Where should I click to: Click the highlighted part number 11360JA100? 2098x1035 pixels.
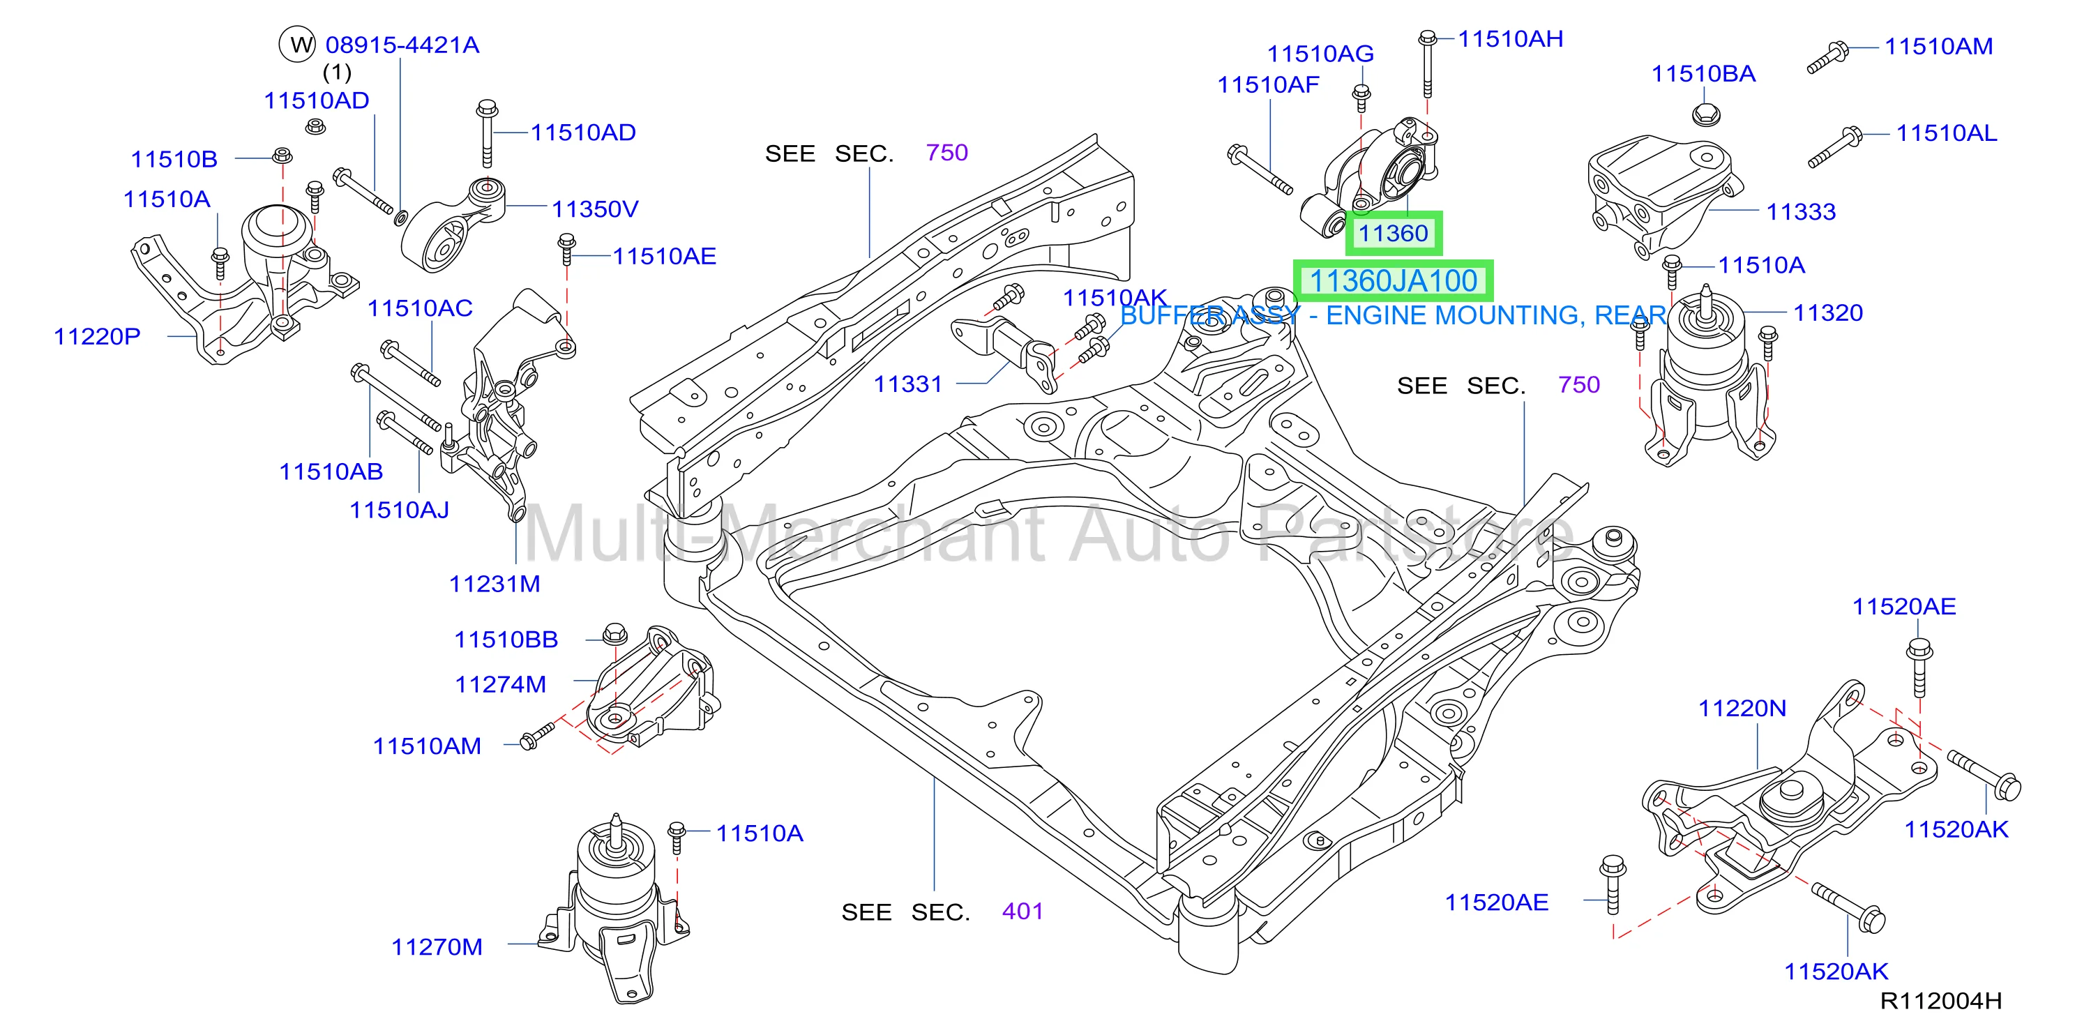tap(1393, 281)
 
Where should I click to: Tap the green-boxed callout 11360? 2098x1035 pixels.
tap(1393, 234)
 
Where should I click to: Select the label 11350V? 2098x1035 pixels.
tap(596, 209)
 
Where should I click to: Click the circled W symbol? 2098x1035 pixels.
tap(298, 44)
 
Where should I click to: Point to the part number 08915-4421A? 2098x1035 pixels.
tap(402, 45)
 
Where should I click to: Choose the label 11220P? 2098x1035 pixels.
tap(97, 336)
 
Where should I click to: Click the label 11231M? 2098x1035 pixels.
tap(495, 584)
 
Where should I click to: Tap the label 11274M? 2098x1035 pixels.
tap(500, 684)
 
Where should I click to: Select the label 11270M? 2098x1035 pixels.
tap(437, 947)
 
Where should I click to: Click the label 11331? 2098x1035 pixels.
tap(908, 384)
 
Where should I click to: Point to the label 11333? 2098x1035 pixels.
tap(1801, 212)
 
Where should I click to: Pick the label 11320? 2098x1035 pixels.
tap(1827, 312)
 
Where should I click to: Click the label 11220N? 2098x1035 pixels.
tap(1742, 709)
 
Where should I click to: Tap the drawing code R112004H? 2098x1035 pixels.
tap(1941, 1001)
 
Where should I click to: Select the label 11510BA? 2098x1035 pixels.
tap(1703, 74)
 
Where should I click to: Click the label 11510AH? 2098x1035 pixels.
tap(1510, 39)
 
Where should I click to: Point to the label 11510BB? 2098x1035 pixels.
tap(506, 640)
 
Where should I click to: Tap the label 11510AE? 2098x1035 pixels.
tap(664, 257)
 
